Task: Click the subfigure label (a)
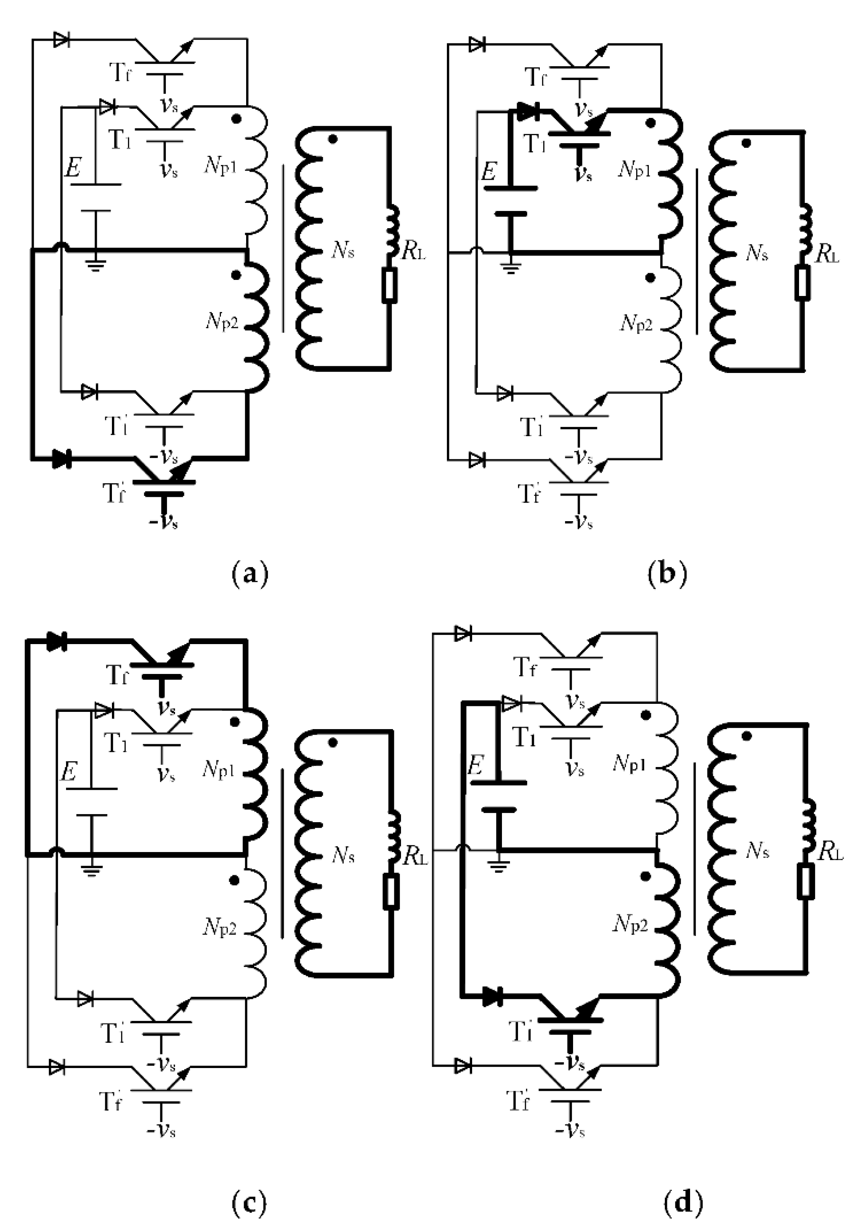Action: [x=250, y=574]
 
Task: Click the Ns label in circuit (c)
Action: [x=342, y=856]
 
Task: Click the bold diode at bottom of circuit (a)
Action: [x=62, y=459]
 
